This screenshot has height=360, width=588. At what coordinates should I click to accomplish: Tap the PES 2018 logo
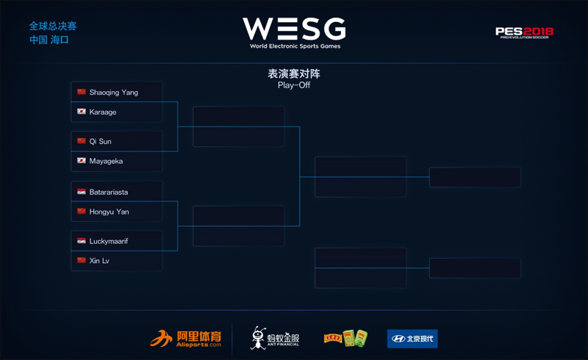pos(524,32)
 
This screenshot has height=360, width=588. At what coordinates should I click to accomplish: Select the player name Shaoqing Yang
pos(113,93)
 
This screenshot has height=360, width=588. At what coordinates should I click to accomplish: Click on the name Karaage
pos(103,112)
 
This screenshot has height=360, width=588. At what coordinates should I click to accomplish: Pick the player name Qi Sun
pos(101,141)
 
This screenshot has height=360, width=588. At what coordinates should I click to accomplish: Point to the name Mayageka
pos(106,161)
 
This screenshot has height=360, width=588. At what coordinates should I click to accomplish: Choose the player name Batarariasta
pos(109,192)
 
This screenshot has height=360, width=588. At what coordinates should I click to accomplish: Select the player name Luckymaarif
pos(108,240)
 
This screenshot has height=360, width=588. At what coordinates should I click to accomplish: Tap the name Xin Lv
pos(99,260)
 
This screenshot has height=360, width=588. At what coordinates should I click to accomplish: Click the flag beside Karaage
pos(82,112)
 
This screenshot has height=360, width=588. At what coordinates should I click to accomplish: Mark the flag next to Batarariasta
pos(82,192)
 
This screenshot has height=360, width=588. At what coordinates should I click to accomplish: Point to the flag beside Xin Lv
pos(82,260)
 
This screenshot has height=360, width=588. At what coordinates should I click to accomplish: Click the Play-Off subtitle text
pos(293,85)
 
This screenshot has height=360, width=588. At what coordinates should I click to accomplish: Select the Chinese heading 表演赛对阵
pos(293,73)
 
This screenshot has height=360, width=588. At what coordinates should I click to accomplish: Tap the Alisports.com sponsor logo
pos(186,339)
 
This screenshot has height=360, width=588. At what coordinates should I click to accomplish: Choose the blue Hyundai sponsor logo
pos(412,339)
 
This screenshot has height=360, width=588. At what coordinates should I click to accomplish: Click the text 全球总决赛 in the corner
pos(52,26)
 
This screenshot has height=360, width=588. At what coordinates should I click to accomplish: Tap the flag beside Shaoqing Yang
pos(82,93)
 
